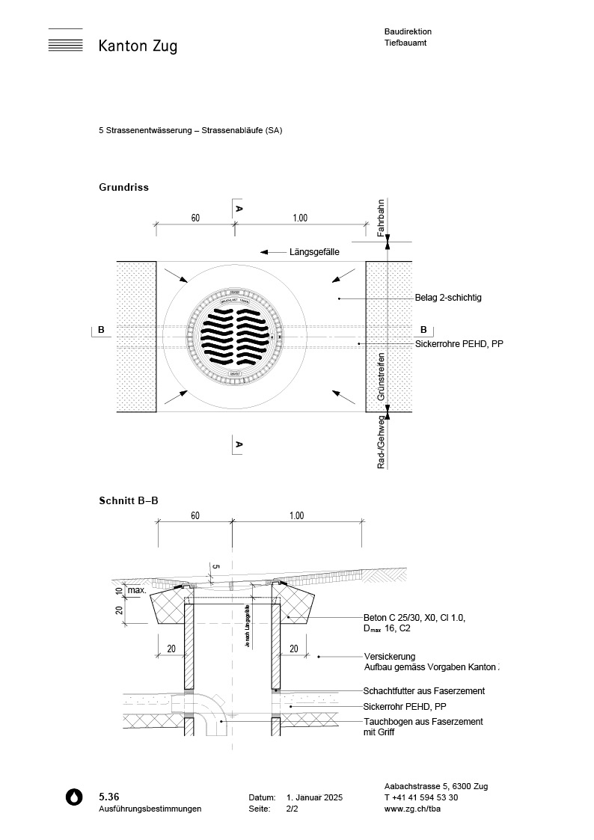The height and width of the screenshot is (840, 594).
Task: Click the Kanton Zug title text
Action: tap(138, 46)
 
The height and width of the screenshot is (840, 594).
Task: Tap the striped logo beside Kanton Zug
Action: tap(65, 40)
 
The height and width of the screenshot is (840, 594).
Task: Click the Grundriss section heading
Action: tap(123, 187)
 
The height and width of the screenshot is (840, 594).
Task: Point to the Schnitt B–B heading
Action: tap(129, 500)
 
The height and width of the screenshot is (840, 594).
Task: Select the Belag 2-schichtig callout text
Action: tap(448, 298)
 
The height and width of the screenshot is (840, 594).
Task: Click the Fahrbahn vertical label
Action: tap(381, 218)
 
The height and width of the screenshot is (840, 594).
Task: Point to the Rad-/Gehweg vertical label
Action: tap(381, 443)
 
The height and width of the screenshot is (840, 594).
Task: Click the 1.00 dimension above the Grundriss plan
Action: tap(300, 218)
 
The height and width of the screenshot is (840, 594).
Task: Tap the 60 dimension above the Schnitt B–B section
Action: tap(195, 516)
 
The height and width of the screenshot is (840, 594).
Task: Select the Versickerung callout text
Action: tap(390, 656)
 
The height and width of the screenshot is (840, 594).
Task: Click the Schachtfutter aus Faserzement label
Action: tap(424, 690)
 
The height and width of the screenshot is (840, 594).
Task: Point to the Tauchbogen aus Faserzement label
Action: tap(423, 722)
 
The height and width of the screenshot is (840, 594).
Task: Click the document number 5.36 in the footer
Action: tap(109, 796)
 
